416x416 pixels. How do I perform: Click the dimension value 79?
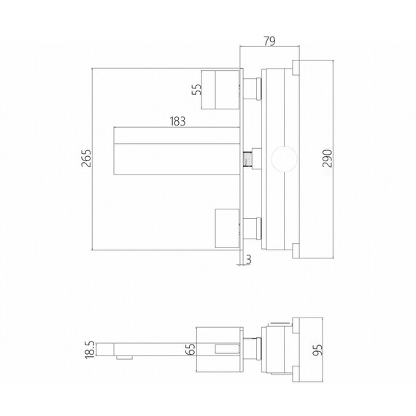(269, 41)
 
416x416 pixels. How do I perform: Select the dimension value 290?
(328, 158)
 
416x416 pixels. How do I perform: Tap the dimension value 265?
(86, 158)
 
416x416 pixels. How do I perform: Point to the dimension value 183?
(177, 121)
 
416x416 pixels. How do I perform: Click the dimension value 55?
(197, 89)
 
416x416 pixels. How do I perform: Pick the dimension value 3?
(248, 259)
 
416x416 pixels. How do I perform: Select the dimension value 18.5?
(90, 350)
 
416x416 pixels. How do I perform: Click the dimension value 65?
(190, 349)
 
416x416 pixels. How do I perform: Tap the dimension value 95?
(317, 350)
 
